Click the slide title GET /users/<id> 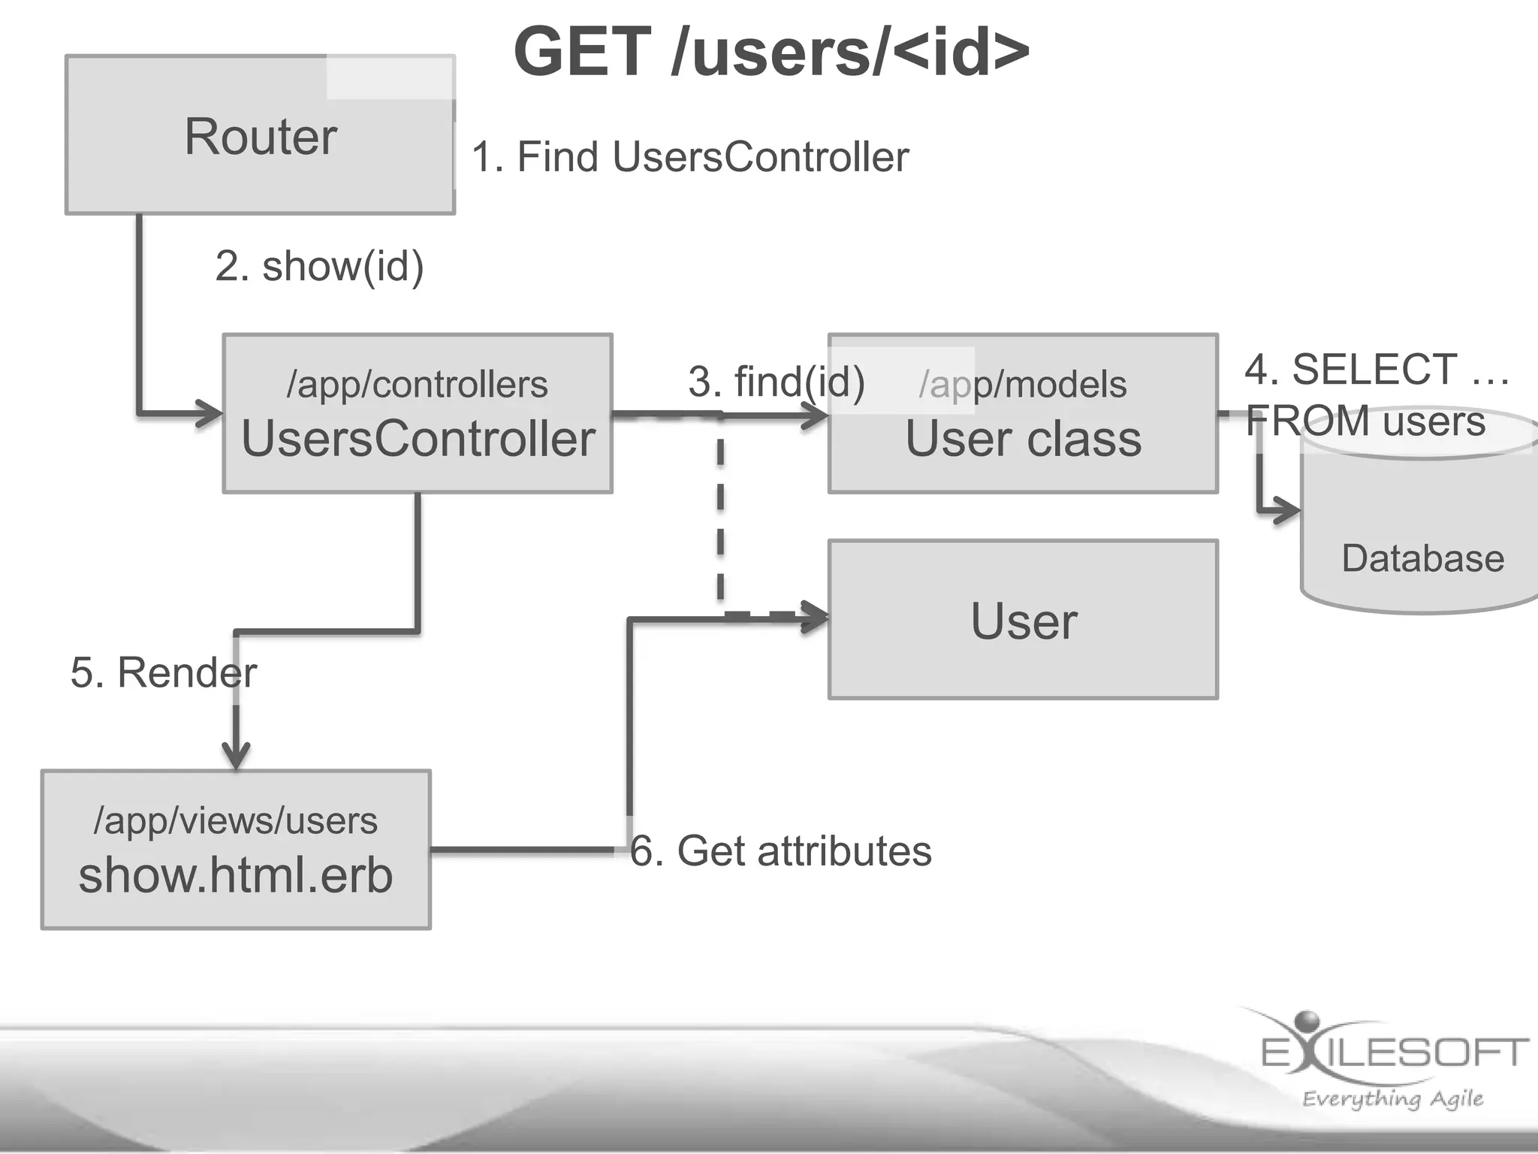click(x=772, y=52)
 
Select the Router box click(x=260, y=134)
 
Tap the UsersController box click(x=418, y=413)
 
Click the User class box click(x=1023, y=413)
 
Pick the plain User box click(x=1023, y=619)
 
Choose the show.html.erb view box click(x=236, y=850)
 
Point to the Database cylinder click(x=1419, y=511)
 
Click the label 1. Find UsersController click(x=690, y=157)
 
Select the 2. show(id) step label click(x=319, y=266)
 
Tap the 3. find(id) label click(x=777, y=382)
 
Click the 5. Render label click(x=164, y=672)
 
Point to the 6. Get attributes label click(x=781, y=851)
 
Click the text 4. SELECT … click(x=1377, y=370)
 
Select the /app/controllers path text click(x=418, y=385)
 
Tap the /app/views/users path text click(x=236, y=820)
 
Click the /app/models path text click(x=1023, y=385)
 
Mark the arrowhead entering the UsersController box click(x=210, y=413)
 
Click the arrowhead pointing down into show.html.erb click(x=236, y=755)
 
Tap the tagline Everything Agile click(x=1393, y=1099)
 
